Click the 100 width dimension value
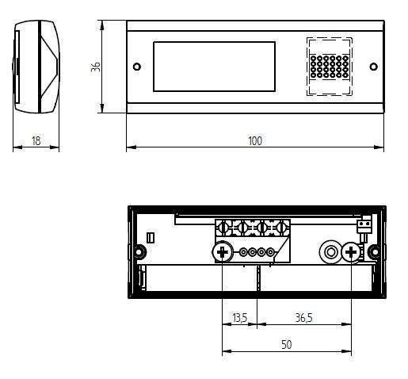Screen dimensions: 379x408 254,140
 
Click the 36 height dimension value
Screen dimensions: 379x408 96,67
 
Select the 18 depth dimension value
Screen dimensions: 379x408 36,140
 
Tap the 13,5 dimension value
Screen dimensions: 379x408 239,318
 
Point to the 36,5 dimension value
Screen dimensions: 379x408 303,318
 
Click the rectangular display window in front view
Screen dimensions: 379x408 215,66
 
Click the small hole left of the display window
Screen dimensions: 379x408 137,66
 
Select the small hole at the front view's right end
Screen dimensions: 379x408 372,66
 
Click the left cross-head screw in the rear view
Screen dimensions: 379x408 222,253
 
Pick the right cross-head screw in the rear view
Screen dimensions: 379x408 349,253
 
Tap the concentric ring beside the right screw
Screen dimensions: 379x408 328,253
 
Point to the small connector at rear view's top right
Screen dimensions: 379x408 364,228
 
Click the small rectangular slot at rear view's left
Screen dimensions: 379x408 151,237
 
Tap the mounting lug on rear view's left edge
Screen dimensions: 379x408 138,252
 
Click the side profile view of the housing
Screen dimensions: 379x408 36,67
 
